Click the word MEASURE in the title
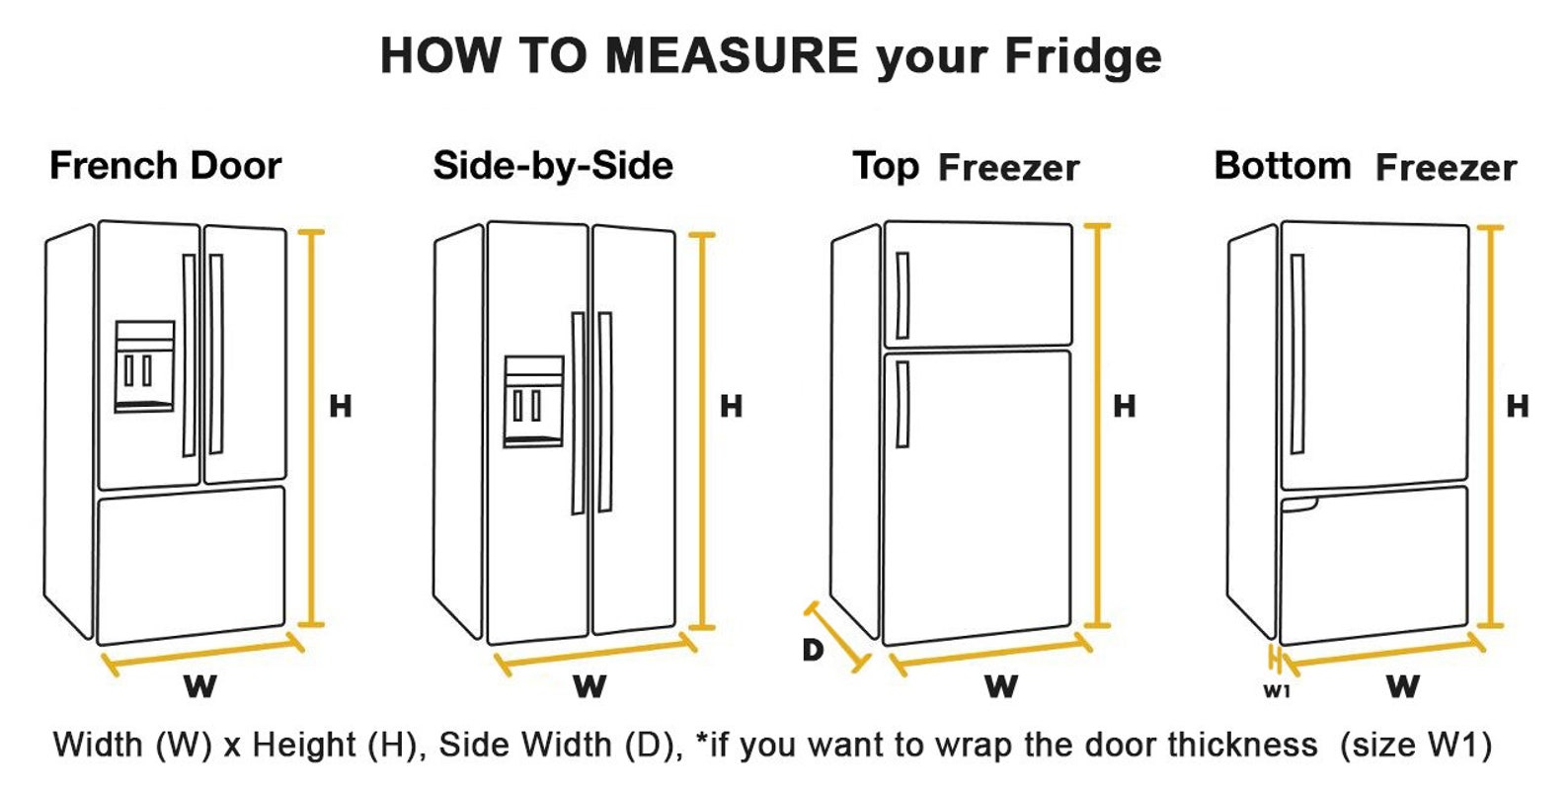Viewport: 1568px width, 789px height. coord(731,55)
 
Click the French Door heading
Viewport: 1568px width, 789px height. coord(165,165)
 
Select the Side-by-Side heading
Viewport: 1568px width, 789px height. coord(552,165)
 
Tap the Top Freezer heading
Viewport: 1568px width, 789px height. coord(965,167)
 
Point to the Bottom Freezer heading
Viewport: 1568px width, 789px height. coord(1365,166)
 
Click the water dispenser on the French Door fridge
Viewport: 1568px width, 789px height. coord(144,366)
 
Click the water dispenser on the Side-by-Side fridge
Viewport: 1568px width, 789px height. coord(533,401)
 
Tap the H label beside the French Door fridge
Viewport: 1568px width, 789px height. coord(340,406)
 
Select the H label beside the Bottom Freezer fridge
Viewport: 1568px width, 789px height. coord(1517,406)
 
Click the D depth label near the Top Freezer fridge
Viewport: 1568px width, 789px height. coord(812,650)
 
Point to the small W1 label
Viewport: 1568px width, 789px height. coord(1277,691)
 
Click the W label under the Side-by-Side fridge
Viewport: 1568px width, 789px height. coord(589,685)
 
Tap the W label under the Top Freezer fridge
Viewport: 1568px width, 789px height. coord(1000,685)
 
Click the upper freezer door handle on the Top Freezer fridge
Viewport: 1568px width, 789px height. coord(902,295)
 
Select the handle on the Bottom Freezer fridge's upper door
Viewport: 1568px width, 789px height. coord(1296,355)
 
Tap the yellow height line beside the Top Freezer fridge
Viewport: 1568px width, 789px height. coord(1097,425)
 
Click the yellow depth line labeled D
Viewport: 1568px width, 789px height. coord(839,637)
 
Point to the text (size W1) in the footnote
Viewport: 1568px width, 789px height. coord(1414,744)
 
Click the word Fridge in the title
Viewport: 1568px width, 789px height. coord(1082,55)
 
